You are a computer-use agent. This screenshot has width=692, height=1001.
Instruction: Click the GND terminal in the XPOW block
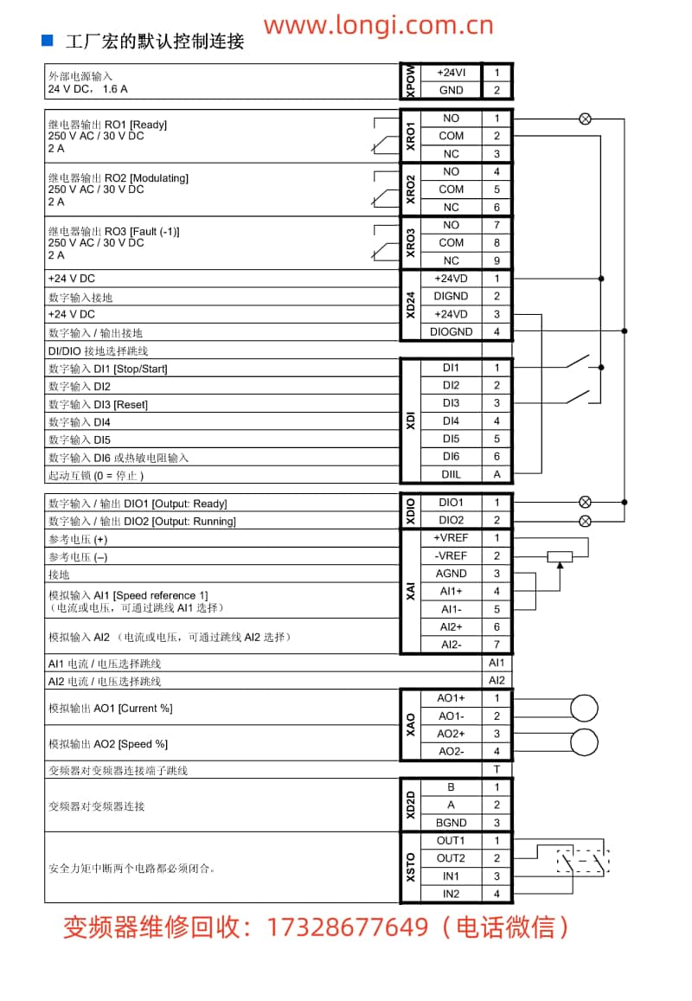pos(451,90)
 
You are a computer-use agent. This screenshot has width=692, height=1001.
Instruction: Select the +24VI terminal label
pos(451,73)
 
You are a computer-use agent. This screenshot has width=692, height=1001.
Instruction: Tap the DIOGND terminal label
pos(451,332)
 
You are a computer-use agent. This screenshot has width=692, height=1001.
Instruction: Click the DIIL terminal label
pos(451,474)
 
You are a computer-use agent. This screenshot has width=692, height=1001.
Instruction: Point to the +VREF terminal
pos(451,538)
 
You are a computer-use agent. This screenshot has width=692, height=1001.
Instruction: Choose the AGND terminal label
pos(451,574)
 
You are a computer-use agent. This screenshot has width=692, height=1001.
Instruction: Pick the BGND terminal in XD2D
pos(451,823)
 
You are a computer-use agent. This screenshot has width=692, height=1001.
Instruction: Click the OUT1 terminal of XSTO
pos(451,841)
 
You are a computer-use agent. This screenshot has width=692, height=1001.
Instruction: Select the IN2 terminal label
pos(451,894)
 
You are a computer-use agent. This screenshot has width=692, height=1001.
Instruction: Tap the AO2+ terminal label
pos(451,734)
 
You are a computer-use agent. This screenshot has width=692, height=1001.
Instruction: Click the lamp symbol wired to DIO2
pos(585,521)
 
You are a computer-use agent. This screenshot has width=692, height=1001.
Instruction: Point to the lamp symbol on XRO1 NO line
pos(585,119)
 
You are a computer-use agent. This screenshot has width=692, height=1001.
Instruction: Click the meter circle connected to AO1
pos(584,708)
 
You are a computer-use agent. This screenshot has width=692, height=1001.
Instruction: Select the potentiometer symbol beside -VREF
pos(560,556)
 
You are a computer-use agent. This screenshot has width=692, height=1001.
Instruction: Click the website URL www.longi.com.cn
pos(378,25)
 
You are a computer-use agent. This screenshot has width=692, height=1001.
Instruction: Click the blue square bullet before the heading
pos(48,40)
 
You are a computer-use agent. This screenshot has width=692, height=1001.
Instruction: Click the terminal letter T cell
pos(497,769)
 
